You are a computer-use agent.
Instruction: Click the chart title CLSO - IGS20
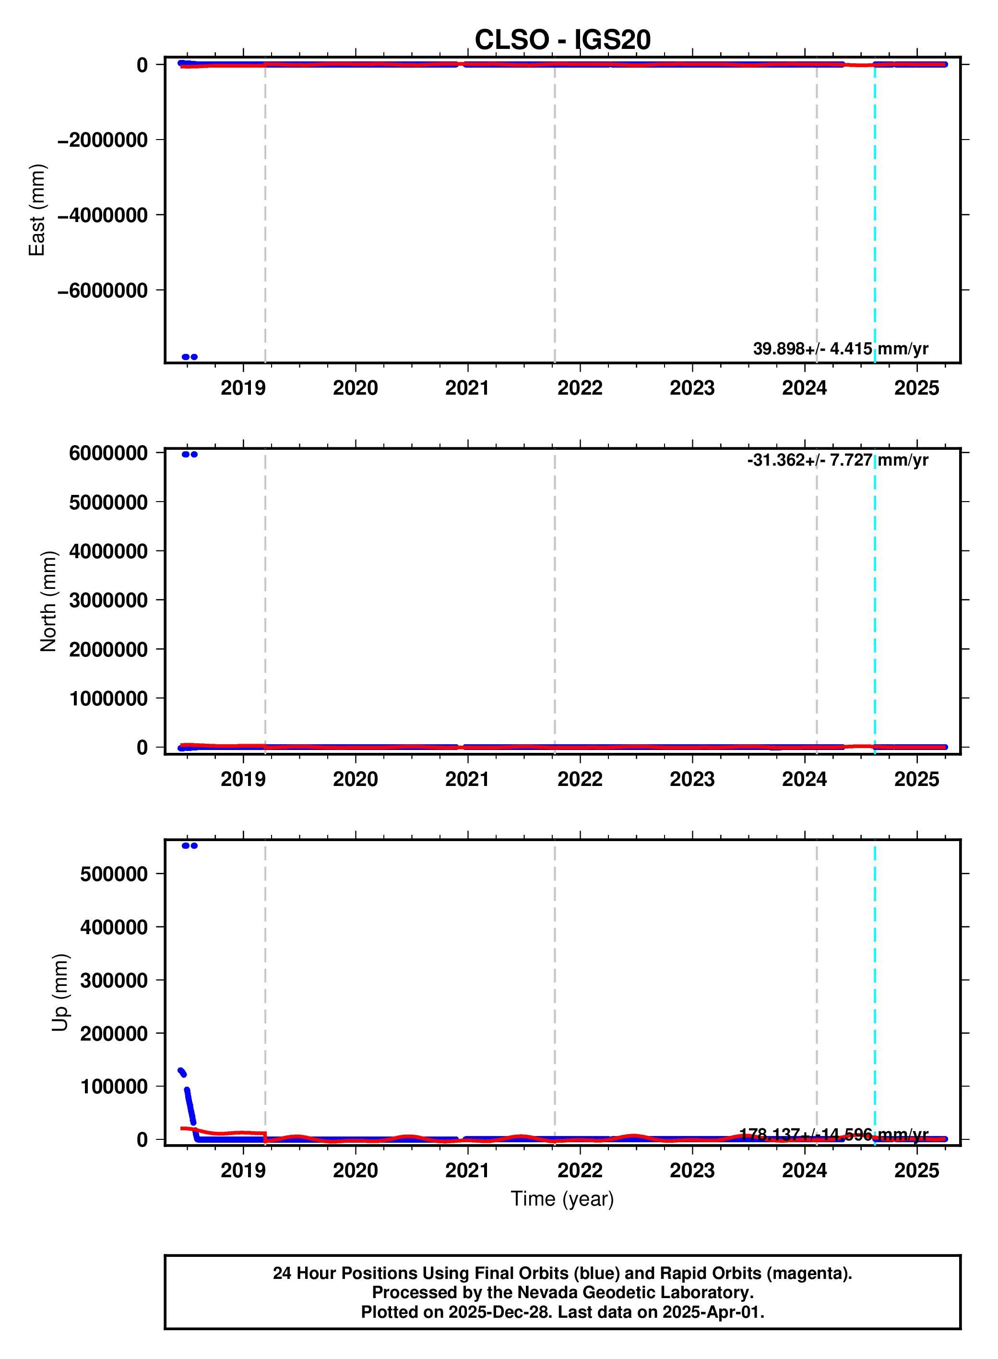pyautogui.click(x=562, y=40)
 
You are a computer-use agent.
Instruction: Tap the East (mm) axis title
pyautogui.click(x=37, y=210)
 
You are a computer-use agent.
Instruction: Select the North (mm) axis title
pyautogui.click(x=48, y=601)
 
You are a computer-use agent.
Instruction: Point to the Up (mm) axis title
pyautogui.click(x=60, y=993)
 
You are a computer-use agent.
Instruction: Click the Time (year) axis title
pyautogui.click(x=562, y=1198)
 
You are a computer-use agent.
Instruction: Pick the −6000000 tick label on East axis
pyautogui.click(x=103, y=291)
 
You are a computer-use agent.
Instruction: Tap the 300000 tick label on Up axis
pyautogui.click(x=114, y=980)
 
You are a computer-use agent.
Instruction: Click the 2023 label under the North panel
pyautogui.click(x=692, y=779)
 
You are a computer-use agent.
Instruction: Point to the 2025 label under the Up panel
pyautogui.click(x=916, y=1170)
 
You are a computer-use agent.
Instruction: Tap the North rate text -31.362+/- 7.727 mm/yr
pyautogui.click(x=837, y=460)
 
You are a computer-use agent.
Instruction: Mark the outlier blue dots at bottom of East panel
pyautogui.click(x=189, y=357)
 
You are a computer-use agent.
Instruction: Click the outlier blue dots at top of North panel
pyautogui.click(x=189, y=454)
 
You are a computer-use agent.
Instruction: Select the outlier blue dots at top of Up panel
pyautogui.click(x=189, y=845)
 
